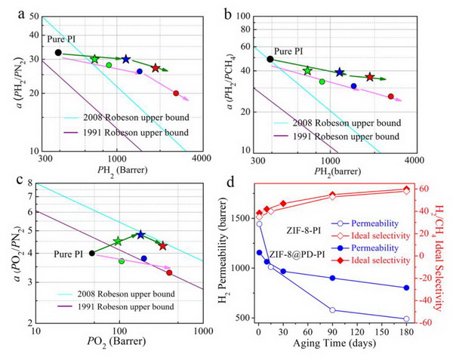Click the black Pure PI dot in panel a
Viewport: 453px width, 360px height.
58,53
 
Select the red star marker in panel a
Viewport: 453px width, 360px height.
156,68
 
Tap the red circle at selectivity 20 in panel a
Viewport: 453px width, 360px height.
176,94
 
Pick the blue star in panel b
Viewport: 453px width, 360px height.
340,72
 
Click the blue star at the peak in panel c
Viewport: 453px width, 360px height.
140,235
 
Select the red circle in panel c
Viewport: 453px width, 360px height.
169,272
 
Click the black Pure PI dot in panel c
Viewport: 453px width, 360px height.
92,253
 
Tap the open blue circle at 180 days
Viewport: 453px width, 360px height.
406,318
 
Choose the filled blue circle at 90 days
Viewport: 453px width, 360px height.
332,278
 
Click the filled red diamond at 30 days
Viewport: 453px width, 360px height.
283,204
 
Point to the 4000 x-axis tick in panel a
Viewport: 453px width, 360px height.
202,158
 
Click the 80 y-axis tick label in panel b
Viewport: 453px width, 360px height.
242,29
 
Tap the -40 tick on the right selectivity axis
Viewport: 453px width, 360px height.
424,300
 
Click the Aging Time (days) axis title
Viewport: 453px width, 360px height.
334,343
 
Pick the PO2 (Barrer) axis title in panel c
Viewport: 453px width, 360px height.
117,342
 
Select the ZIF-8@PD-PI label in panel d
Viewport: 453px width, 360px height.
297,254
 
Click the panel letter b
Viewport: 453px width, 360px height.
228,14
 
